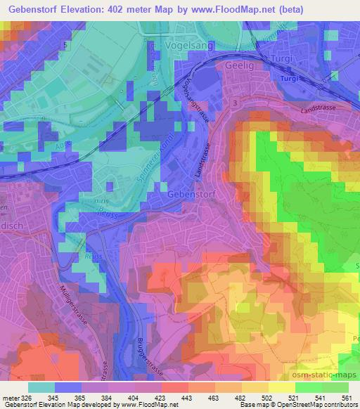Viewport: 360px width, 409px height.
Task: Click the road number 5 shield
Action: coord(65,44)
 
